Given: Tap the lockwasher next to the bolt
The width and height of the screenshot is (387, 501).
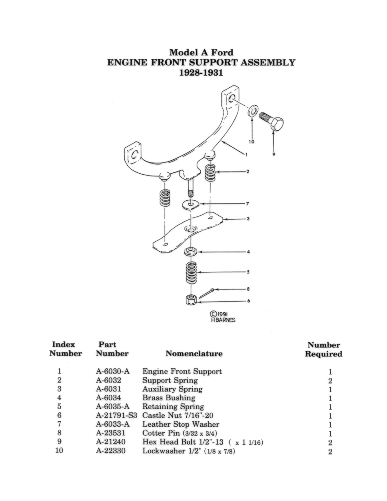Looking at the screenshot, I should click(252, 110).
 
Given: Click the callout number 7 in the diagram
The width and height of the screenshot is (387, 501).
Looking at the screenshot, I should click(247, 203).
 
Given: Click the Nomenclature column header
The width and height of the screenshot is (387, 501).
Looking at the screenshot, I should click(194, 354).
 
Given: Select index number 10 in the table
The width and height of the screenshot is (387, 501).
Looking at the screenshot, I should click(59, 451).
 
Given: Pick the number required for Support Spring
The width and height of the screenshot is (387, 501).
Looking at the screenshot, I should click(330, 381).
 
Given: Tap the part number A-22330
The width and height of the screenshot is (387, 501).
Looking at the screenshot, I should click(110, 451).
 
